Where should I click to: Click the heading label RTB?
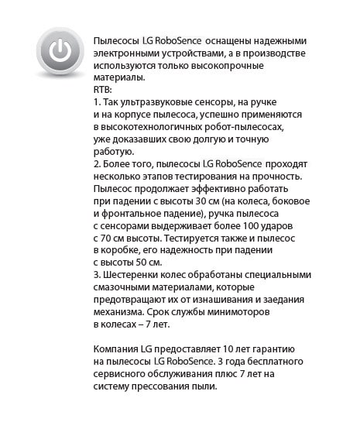coord(103,90)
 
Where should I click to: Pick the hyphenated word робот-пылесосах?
coord(246,127)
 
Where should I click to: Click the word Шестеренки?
coord(132,276)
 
